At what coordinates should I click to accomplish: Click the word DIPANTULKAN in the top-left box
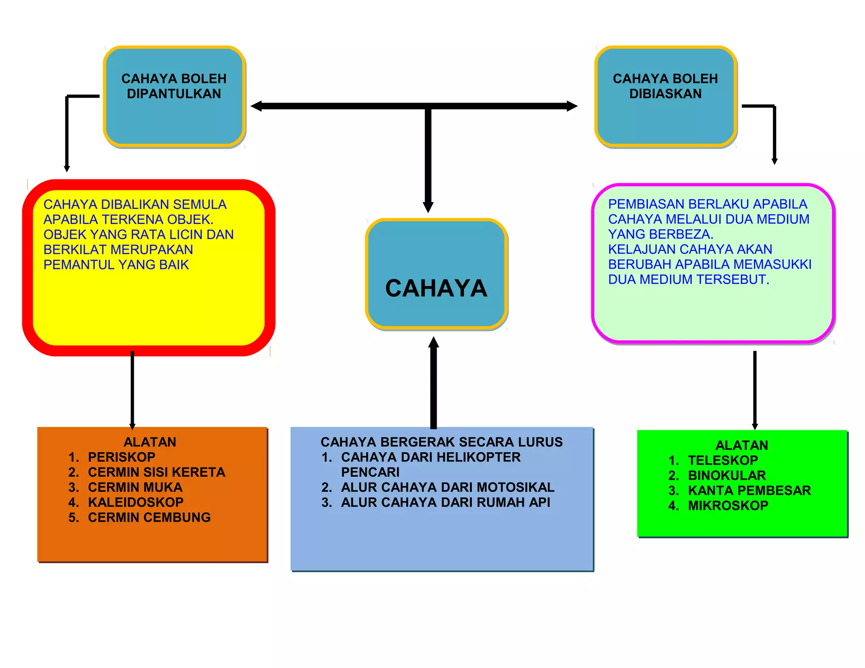click(174, 94)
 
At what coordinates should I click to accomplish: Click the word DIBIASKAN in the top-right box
click(665, 94)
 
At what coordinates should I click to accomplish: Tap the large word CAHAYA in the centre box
click(436, 288)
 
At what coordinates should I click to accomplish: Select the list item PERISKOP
click(121, 457)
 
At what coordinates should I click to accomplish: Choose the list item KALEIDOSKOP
click(136, 502)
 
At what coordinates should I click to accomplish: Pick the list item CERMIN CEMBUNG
click(149, 517)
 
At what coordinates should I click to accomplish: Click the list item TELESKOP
click(723, 460)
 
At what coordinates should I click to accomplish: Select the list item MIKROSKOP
click(728, 505)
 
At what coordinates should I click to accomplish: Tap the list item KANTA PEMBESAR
click(749, 490)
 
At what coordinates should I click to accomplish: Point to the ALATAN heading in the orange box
click(150, 442)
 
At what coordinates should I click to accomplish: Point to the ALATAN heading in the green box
click(742, 445)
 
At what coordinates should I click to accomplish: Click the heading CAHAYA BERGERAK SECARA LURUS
click(441, 442)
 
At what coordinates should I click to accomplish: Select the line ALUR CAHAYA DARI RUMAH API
click(445, 502)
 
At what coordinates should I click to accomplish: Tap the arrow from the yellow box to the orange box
click(132, 391)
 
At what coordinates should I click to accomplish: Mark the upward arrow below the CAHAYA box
click(433, 382)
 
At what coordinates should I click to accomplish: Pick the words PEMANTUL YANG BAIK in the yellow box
click(116, 265)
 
